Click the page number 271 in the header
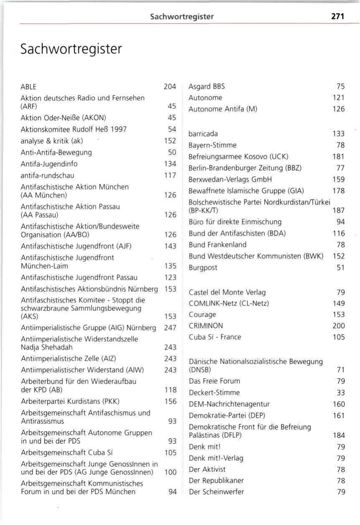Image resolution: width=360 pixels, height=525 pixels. pyautogui.click(x=337, y=16)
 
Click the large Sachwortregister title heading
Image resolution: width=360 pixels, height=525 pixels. pyautogui.click(x=71, y=49)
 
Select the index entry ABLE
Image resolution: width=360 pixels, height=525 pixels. pyautogui.click(x=28, y=87)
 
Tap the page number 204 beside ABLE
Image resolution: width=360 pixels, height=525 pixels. pyautogui.click(x=170, y=87)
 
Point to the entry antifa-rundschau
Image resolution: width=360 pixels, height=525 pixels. pyautogui.click(x=47, y=175)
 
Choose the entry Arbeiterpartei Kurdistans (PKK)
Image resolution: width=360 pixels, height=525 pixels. pyautogui.click(x=70, y=401)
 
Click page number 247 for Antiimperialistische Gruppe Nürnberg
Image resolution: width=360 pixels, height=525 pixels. pyautogui.click(x=170, y=328)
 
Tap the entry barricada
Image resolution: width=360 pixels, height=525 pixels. pyautogui.click(x=203, y=134)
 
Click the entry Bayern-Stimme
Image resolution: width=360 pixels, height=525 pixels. pyautogui.click(x=213, y=145)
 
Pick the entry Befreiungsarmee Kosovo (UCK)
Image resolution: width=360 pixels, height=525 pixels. pyautogui.click(x=238, y=156)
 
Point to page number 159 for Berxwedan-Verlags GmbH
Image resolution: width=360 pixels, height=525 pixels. pyautogui.click(x=339, y=179)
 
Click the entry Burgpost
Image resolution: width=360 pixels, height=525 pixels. pyautogui.click(x=203, y=268)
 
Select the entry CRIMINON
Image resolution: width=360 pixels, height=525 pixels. pyautogui.click(x=206, y=326)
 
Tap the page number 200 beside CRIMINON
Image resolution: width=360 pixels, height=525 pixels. pyautogui.click(x=339, y=326)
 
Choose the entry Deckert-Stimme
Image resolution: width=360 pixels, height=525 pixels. pyautogui.click(x=214, y=392)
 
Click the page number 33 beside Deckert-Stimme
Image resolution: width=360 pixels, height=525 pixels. pyautogui.click(x=341, y=392)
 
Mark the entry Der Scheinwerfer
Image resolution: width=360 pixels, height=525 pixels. pyautogui.click(x=216, y=492)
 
